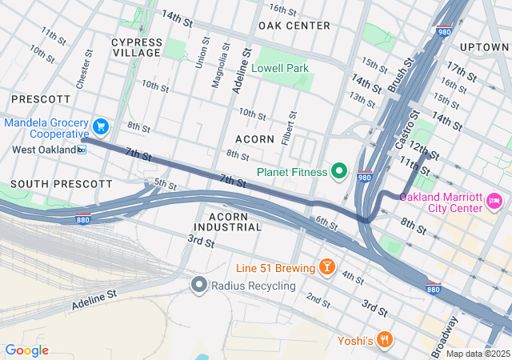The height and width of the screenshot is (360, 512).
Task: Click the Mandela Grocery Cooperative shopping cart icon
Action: [x=100, y=126]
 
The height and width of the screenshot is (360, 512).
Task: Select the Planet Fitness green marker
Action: [x=338, y=171]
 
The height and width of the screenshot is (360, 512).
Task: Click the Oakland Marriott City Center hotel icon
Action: [x=494, y=198]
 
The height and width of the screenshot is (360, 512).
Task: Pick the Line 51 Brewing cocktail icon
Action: [x=326, y=266]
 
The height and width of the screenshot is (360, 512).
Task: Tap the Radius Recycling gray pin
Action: [x=198, y=284]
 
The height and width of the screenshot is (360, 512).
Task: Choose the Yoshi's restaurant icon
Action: [x=385, y=339]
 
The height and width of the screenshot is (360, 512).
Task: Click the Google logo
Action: [x=26, y=350]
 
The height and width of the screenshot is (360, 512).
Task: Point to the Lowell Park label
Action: [x=280, y=68]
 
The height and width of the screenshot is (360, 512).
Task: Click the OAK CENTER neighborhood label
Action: [x=294, y=26]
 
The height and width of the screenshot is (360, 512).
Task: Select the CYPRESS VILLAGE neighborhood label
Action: [x=136, y=47]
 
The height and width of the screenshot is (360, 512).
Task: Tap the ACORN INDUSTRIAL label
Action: [x=234, y=222]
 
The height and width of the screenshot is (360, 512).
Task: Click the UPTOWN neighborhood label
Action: [x=484, y=47]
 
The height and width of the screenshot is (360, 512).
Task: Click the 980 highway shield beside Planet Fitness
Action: [x=364, y=178]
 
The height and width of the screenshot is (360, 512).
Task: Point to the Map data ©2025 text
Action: [x=478, y=354]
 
